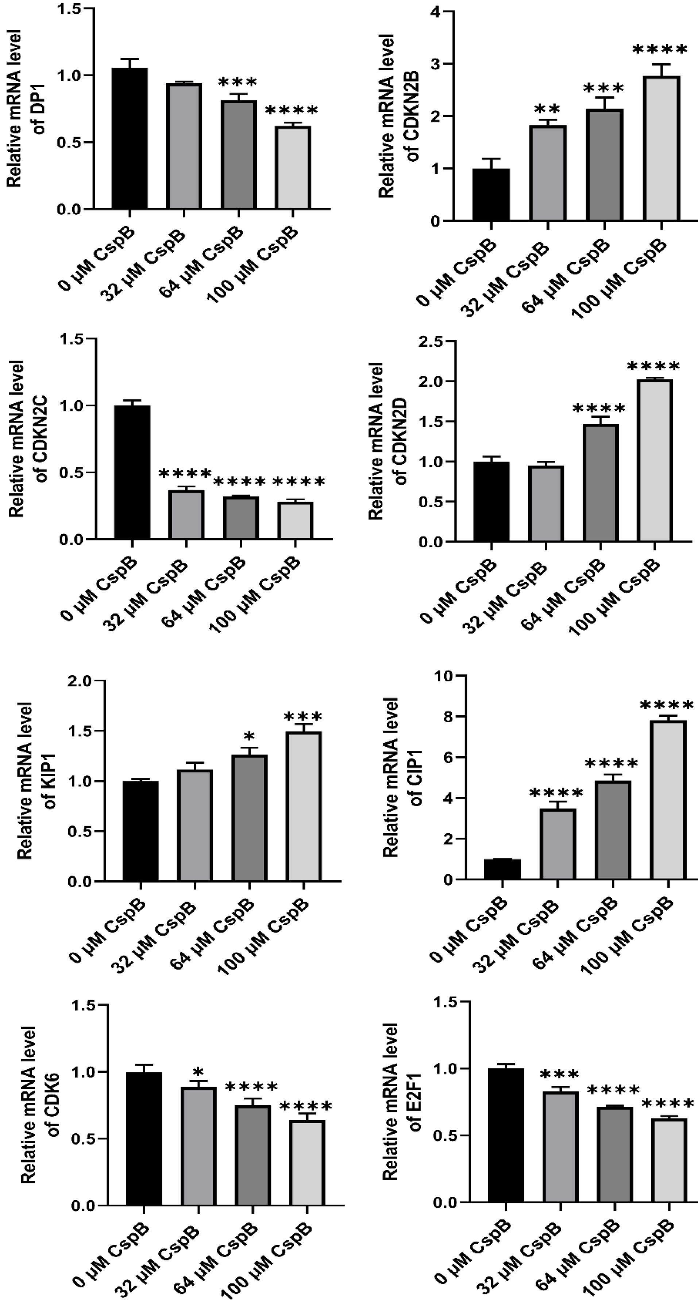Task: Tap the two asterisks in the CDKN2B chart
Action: (x=548, y=110)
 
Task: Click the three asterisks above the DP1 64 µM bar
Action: (x=238, y=83)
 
